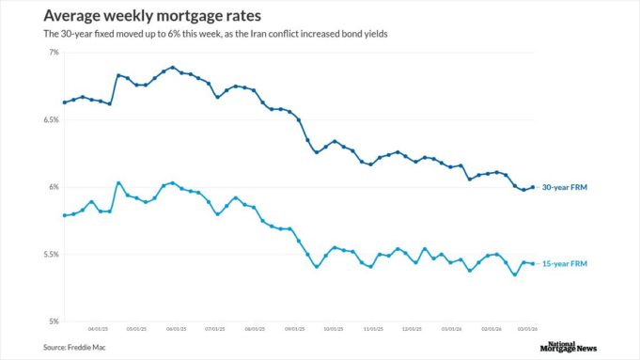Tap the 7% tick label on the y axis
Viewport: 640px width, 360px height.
(53, 53)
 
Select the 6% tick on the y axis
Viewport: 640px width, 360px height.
(53, 187)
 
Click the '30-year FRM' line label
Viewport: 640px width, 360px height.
(565, 187)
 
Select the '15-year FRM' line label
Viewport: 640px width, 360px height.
(565, 264)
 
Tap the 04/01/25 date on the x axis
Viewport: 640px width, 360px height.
(98, 330)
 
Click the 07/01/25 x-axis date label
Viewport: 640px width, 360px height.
(215, 330)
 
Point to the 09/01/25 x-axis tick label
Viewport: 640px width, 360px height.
(294, 330)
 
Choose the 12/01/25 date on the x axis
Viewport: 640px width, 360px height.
(411, 330)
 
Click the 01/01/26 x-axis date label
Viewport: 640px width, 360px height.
(451, 330)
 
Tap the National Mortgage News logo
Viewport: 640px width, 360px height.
(569, 346)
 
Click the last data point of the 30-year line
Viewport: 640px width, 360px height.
(533, 187)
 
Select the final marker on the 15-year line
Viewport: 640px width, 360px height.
(533, 263)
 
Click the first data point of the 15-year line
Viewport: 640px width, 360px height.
(64, 215)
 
